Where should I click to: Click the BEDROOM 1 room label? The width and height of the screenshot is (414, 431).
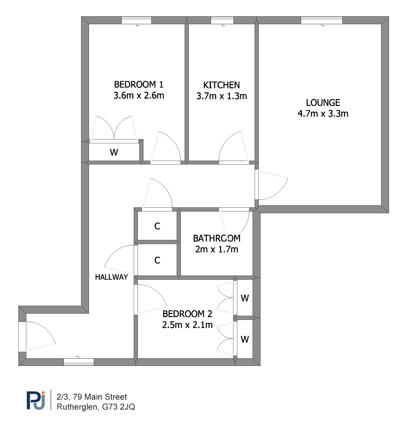[139, 84]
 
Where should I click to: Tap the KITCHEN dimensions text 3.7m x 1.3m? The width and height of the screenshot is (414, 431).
[221, 96]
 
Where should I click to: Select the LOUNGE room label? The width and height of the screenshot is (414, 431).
[323, 102]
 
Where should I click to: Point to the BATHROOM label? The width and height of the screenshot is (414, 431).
[217, 238]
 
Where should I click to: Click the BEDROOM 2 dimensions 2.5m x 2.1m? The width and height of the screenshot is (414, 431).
[187, 325]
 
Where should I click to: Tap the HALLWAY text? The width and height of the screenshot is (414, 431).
[112, 277]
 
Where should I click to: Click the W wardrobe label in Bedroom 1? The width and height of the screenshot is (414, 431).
[114, 152]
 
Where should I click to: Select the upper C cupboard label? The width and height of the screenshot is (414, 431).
[157, 226]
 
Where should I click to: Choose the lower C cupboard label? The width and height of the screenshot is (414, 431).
[157, 260]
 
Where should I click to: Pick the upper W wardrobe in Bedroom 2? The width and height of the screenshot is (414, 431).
[245, 298]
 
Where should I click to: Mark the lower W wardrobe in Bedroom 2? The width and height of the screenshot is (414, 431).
[245, 339]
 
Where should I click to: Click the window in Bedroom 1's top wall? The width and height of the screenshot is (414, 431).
[136, 20]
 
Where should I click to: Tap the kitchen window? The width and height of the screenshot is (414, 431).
[222, 20]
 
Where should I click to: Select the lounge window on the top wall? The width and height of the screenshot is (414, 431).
[321, 20]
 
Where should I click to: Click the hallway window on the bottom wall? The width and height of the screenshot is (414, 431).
[79, 362]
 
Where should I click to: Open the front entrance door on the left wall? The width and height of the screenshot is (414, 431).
[37, 336]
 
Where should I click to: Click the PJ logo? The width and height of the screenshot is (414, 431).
[36, 401]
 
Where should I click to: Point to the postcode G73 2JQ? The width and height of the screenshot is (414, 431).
[118, 407]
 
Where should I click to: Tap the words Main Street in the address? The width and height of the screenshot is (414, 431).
[106, 397]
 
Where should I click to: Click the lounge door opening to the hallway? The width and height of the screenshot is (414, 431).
[271, 185]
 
